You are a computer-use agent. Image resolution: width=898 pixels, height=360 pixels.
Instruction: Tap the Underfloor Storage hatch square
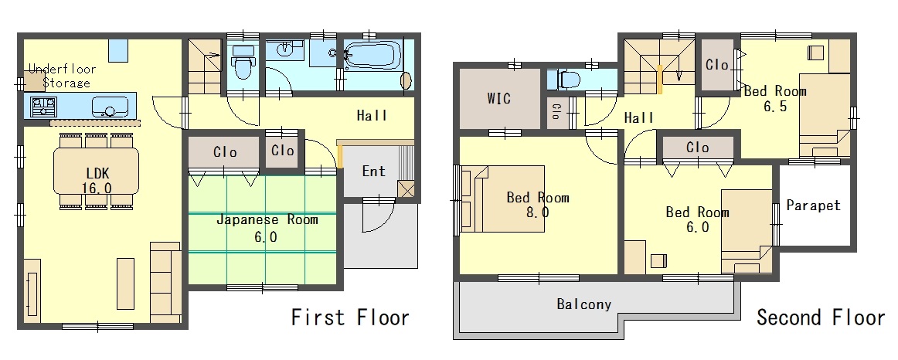35,81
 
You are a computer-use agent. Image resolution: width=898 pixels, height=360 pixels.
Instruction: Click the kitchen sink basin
110,107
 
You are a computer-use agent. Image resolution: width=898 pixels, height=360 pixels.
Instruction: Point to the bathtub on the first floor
373,56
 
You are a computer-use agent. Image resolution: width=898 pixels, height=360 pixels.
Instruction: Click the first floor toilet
243,63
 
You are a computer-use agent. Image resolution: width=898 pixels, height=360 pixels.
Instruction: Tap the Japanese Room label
267,228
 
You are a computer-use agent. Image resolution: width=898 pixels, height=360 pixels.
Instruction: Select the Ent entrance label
374,172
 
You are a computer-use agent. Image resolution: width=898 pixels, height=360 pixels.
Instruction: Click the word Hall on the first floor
372,115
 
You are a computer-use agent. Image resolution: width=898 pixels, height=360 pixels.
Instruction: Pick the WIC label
498,98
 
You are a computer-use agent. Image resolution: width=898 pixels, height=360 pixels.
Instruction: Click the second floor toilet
565,80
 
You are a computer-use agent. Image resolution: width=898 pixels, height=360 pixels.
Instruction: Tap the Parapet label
813,205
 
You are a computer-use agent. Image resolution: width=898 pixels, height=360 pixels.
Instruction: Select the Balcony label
584,304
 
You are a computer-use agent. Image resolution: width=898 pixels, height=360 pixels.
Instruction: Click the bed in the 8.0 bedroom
503,199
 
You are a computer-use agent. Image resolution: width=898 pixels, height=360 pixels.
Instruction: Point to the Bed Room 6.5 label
775,98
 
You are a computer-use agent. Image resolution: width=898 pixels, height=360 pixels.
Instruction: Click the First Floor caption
351,317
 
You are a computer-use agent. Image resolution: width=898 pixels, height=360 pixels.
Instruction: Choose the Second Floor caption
821,317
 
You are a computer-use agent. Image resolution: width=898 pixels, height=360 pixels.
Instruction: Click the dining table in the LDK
96,171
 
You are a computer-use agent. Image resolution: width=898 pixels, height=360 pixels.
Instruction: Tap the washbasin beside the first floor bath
285,49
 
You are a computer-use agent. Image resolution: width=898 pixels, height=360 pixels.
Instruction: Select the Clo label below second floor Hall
698,148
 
